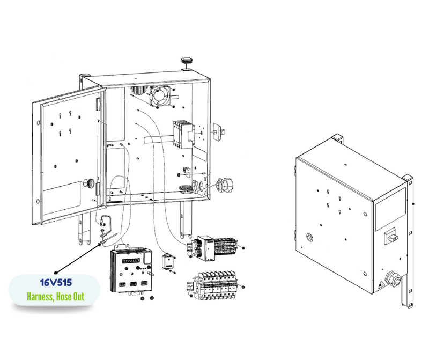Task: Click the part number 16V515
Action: coord(56,283)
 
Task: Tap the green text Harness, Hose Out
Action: coord(56,297)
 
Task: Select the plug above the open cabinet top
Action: coord(187,61)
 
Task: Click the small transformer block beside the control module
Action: coord(167,262)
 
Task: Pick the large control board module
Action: coord(131,270)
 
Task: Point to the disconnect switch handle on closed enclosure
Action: coord(390,236)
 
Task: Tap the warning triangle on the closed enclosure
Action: coord(380,286)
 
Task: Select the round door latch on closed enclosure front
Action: coord(309,237)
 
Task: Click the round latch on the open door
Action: coord(89,183)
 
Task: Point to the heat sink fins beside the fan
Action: coord(139,90)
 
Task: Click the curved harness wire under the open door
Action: coord(106,221)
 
